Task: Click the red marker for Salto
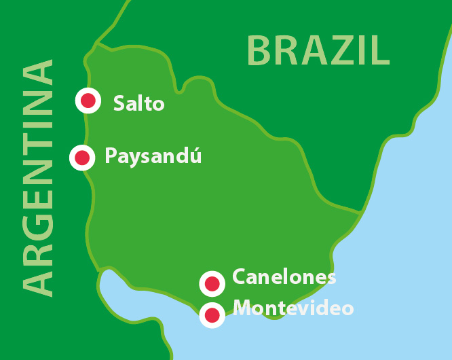point(88,101)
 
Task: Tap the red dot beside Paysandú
point(82,158)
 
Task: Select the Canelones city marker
point(212,283)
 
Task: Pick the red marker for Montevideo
point(212,314)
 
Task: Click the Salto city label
point(139,103)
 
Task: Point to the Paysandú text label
point(153,157)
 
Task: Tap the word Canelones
point(284,277)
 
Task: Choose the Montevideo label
point(293,308)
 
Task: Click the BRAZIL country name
point(318,50)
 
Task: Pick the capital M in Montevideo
point(242,308)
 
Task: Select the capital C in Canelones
point(240,277)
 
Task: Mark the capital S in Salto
point(119,103)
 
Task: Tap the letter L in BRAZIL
point(381,50)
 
